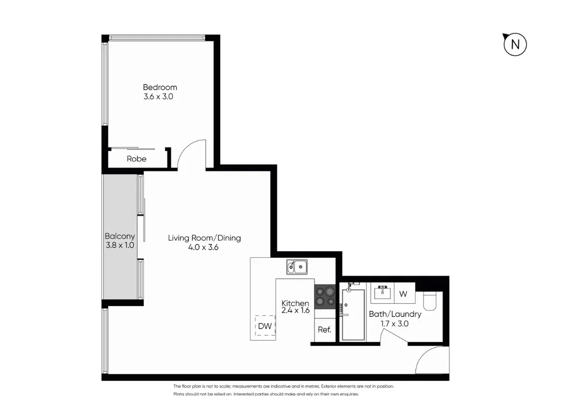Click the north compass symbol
click(x=514, y=44)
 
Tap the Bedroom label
click(x=160, y=87)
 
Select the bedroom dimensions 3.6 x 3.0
click(x=159, y=96)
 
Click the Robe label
click(x=136, y=158)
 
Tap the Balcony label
click(x=120, y=236)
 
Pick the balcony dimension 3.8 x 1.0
click(x=120, y=245)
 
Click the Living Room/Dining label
click(x=204, y=238)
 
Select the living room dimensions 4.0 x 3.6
click(x=204, y=247)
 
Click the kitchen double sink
click(x=297, y=267)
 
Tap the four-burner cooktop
click(x=325, y=296)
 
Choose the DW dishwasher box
click(x=265, y=326)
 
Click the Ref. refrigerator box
click(x=324, y=330)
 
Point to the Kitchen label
click(x=295, y=303)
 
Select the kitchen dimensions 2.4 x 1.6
click(x=295, y=311)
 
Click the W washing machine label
click(x=403, y=294)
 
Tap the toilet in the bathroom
click(x=431, y=301)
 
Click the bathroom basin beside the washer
click(x=382, y=292)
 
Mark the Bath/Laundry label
click(x=395, y=314)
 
